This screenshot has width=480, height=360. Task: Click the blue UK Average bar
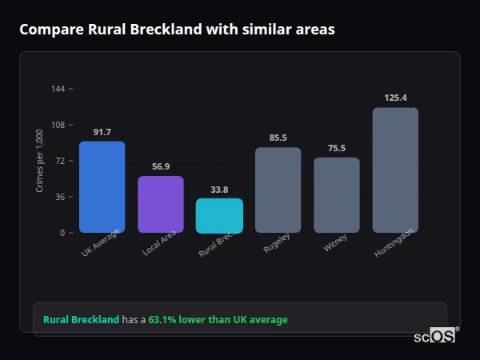click(x=102, y=187)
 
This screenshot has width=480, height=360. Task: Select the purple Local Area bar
click(x=161, y=205)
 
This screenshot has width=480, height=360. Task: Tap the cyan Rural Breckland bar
click(x=219, y=216)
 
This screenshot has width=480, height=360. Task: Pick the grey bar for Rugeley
click(x=278, y=190)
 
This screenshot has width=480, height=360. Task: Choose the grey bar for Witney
click(x=336, y=195)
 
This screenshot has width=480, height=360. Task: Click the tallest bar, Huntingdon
click(x=395, y=170)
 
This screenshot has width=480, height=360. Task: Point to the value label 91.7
click(x=102, y=132)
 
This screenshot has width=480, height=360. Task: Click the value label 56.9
click(x=161, y=166)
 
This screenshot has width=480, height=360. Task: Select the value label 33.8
click(x=219, y=190)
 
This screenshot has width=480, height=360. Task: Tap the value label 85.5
click(x=278, y=138)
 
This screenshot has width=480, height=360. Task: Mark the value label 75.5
click(x=336, y=148)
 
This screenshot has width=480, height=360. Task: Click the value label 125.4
click(x=395, y=98)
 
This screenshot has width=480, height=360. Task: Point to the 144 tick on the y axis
click(x=58, y=89)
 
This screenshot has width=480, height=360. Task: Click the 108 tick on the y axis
click(x=58, y=125)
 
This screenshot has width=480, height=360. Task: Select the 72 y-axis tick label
click(x=60, y=161)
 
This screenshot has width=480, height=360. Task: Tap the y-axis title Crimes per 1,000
click(x=39, y=161)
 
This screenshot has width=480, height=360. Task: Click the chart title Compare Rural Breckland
click(x=177, y=30)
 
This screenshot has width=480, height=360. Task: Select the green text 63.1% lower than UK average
click(x=218, y=320)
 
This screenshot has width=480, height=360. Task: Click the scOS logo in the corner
click(x=435, y=337)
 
